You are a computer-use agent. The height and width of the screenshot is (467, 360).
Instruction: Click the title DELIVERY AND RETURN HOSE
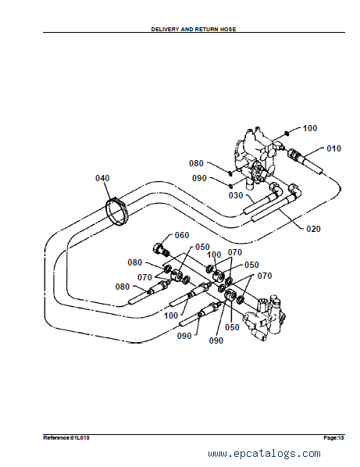coord(194,29)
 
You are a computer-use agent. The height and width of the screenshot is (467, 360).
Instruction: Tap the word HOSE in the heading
coord(228,29)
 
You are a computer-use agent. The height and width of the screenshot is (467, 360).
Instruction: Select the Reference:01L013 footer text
coord(66,437)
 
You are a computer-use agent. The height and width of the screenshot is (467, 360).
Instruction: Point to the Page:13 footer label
coord(333,437)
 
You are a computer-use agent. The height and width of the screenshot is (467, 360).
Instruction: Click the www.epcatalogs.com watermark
coord(265,453)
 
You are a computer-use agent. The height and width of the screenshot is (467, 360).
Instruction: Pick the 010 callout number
coord(333,148)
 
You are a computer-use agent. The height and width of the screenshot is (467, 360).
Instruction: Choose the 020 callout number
coord(313,229)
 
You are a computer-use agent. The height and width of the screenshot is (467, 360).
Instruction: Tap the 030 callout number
coord(236,195)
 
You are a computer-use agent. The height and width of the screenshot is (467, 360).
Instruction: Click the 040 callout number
coord(102,178)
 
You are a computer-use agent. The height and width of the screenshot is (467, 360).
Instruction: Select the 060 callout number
coord(182,235)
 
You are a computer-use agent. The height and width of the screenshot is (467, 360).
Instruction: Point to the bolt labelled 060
coord(161,249)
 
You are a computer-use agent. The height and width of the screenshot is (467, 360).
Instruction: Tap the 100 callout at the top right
coord(310,128)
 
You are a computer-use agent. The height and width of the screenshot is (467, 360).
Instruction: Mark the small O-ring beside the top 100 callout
coord(287,133)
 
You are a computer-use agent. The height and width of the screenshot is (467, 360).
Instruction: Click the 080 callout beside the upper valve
coord(196,163)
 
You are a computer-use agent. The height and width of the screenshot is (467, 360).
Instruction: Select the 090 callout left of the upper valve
coord(199,178)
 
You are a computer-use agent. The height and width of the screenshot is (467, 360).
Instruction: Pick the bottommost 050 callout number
coord(232,327)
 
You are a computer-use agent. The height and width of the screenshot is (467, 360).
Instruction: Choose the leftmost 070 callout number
coord(144,277)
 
